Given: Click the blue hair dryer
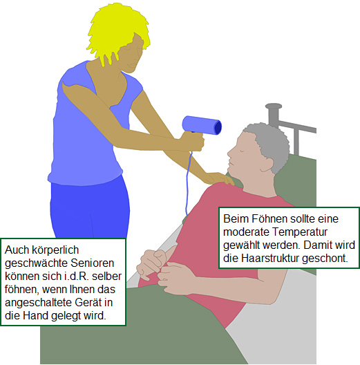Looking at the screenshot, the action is (x=202, y=125).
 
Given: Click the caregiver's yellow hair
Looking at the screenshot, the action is (x=117, y=32).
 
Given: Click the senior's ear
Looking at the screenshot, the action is (x=267, y=165).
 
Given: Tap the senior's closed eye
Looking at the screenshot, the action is (x=242, y=151).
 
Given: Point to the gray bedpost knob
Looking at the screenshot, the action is (x=274, y=106).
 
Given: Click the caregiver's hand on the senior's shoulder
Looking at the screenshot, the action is (x=218, y=178).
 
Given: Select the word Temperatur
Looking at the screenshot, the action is (x=300, y=232).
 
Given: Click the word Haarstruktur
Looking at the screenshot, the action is (x=269, y=259).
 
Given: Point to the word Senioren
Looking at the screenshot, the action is (x=92, y=263).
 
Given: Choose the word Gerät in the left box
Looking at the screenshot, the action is (x=89, y=303).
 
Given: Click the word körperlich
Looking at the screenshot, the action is (x=55, y=250).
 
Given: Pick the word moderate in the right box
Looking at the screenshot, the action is (x=246, y=232).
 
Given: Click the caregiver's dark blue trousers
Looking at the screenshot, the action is (x=90, y=208).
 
